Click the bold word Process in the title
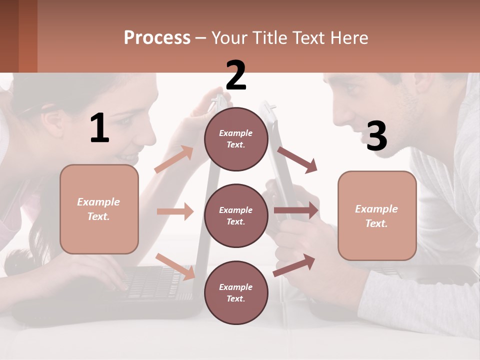[157, 38]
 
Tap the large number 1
[99, 128]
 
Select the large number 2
[236, 75]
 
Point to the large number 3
[376, 136]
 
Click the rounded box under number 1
[99, 209]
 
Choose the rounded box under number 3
[377, 216]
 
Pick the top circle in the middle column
[236, 139]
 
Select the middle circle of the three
[236, 216]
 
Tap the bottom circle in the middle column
[236, 293]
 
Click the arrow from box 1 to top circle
[174, 159]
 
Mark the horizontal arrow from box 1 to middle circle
[175, 211]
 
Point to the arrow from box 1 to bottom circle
[175, 266]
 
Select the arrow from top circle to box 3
[297, 159]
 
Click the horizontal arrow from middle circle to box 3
[296, 210]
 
